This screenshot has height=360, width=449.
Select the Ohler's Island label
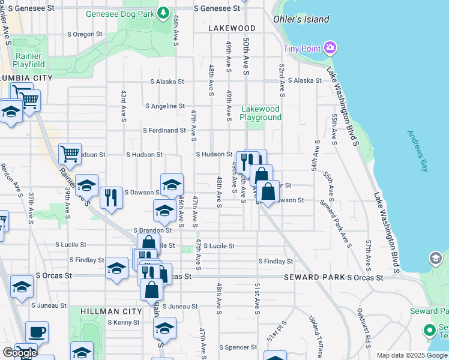(x=301, y=19)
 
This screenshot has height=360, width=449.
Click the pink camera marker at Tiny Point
(x=329, y=48)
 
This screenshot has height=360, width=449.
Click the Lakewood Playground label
(x=261, y=113)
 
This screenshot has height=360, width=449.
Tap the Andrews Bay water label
(x=418, y=151)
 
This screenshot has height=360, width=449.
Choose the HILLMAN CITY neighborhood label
(x=106, y=311)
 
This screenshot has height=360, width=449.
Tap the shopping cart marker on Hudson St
(x=70, y=154)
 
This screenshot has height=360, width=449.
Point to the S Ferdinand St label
(x=164, y=130)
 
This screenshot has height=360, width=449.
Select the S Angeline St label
(x=165, y=106)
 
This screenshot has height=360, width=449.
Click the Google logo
(x=20, y=353)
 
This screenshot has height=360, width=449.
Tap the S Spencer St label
(x=238, y=347)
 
